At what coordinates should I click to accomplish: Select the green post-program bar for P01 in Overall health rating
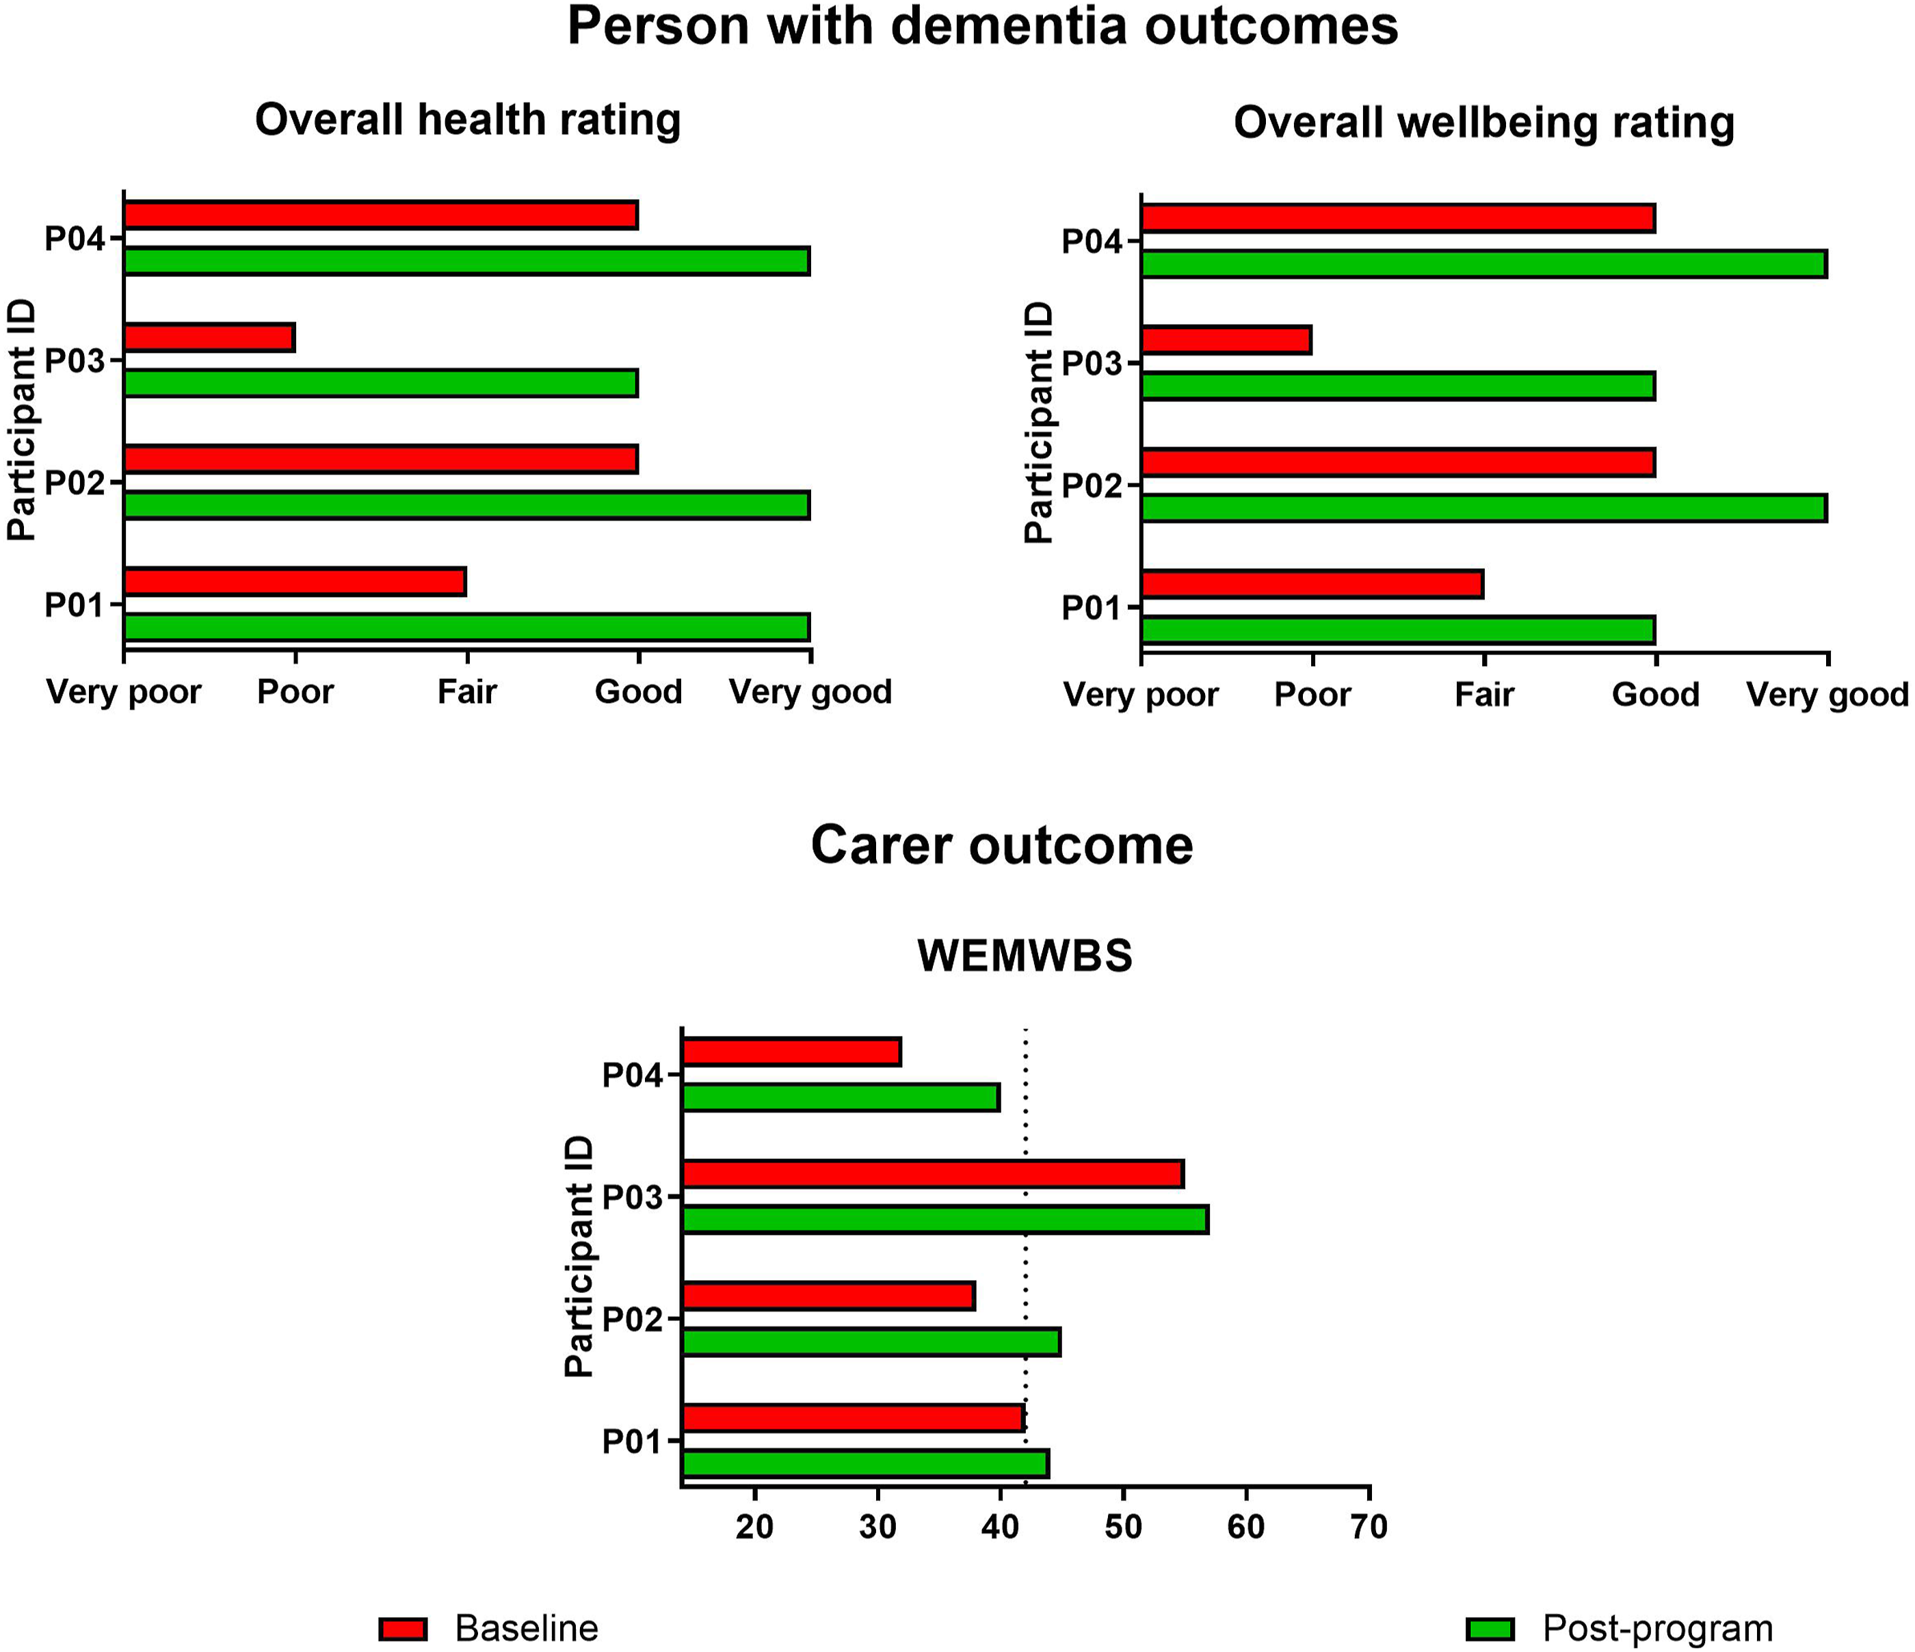click(x=466, y=627)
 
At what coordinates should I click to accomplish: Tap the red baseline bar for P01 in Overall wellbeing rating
click(x=1312, y=585)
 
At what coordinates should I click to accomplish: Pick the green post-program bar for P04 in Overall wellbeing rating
click(x=1484, y=264)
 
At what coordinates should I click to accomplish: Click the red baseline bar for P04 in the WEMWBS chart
click(x=792, y=1052)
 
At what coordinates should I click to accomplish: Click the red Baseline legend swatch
click(x=403, y=1629)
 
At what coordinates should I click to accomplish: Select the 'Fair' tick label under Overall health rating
click(x=466, y=691)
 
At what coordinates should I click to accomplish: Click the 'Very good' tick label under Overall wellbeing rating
click(x=1827, y=695)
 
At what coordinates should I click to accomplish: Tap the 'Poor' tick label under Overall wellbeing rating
click(x=1312, y=695)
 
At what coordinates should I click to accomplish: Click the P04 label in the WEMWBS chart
click(x=633, y=1076)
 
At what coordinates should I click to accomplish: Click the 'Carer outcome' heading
click(x=1002, y=844)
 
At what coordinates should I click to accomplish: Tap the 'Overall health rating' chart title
click(x=468, y=120)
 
